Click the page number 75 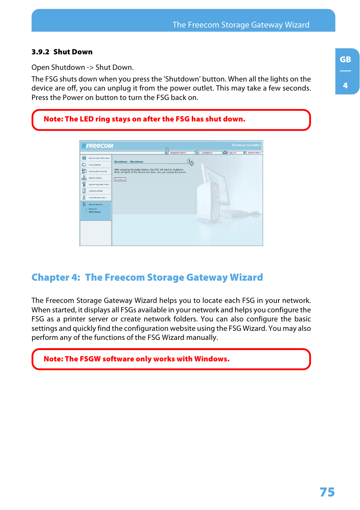point(327,492)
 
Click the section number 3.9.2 point(40,52)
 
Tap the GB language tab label point(345,60)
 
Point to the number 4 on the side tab point(345,86)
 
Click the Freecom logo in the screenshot point(98,146)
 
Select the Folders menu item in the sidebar point(95,165)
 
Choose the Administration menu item point(99,158)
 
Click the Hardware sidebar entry point(95,191)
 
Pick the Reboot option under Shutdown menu point(93,209)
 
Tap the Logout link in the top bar point(207,153)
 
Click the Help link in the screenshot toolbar point(232,153)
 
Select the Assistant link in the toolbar point(178,153)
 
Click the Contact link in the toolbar point(254,153)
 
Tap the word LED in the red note point(86,119)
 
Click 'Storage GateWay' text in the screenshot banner point(246,145)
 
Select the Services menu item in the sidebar point(95,178)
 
